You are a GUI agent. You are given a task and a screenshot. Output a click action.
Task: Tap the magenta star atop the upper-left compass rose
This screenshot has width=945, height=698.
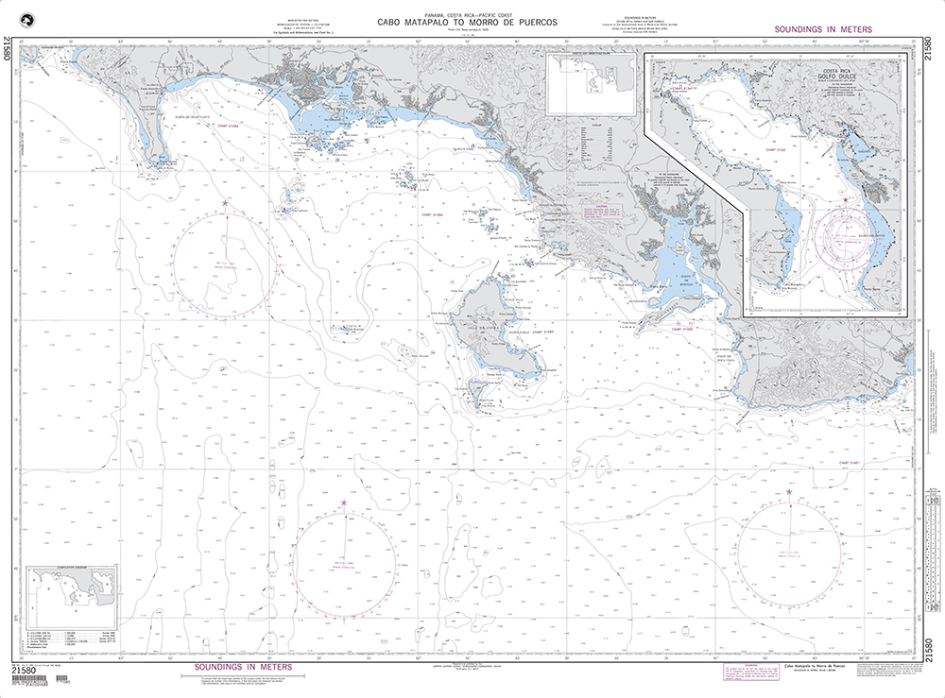(x=225, y=203)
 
